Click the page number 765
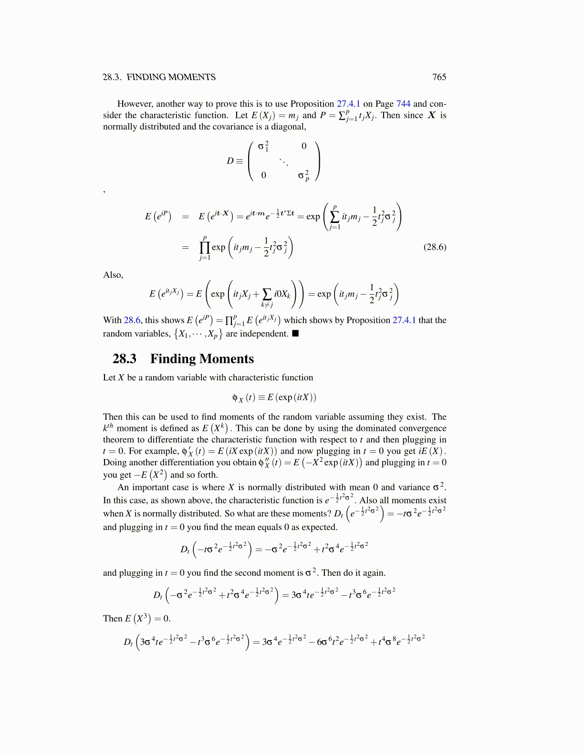point(439,77)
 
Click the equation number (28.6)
point(435,247)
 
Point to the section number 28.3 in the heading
point(125,359)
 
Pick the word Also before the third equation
point(113,275)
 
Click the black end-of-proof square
point(295,333)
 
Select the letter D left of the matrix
point(230,161)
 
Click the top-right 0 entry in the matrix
point(304,146)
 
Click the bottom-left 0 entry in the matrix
point(263,175)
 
